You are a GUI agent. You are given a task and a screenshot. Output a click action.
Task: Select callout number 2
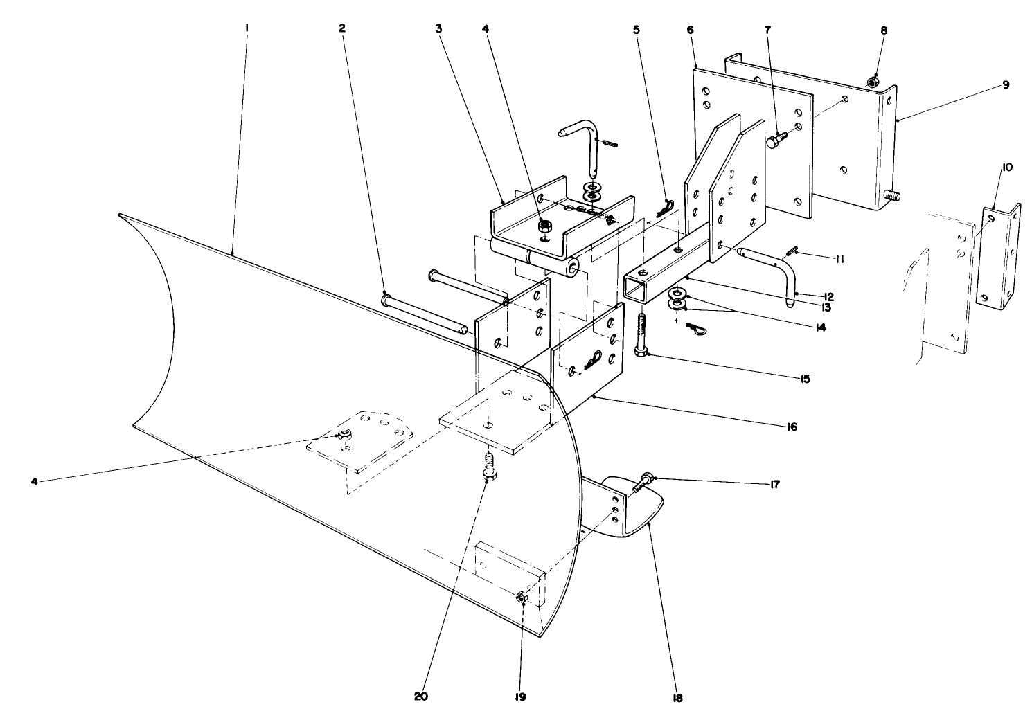(x=341, y=28)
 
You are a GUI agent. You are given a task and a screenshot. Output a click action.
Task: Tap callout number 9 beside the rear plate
(x=1005, y=85)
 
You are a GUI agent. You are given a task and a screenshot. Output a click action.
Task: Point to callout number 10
(x=1006, y=168)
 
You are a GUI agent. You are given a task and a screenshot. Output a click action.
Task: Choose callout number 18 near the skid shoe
(x=677, y=698)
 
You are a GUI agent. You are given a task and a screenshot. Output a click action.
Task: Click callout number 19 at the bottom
(x=519, y=697)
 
